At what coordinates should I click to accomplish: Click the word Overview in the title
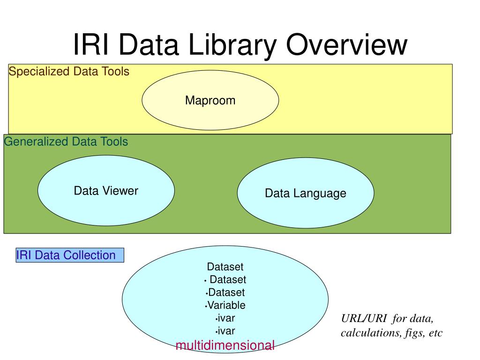pyautogui.click(x=347, y=45)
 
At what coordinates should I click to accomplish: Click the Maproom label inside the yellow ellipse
pyautogui.click(x=210, y=100)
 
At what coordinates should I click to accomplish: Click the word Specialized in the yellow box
pyautogui.click(x=38, y=72)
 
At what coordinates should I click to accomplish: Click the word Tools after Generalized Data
pyautogui.click(x=113, y=142)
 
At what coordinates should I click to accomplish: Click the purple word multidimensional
pyautogui.click(x=225, y=345)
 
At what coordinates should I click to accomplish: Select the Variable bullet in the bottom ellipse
pyautogui.click(x=226, y=305)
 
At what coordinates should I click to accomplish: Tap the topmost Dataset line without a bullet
pyautogui.click(x=225, y=267)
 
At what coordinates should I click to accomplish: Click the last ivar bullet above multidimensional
pyautogui.click(x=226, y=331)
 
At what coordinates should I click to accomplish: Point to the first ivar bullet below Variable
pyautogui.click(x=226, y=318)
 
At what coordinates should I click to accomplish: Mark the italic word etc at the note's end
pyautogui.click(x=435, y=333)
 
